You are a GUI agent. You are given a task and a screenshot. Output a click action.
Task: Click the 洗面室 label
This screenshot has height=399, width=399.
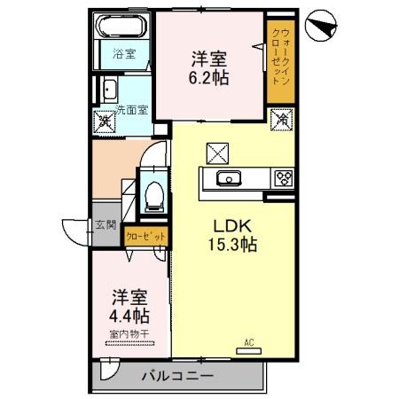click(x=131, y=113)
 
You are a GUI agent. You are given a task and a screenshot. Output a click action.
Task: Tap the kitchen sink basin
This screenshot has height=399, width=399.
click(x=228, y=179)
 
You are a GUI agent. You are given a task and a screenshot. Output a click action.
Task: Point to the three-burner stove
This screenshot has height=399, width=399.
click(x=284, y=178)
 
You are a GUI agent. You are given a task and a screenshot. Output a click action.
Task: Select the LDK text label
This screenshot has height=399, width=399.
click(x=233, y=226)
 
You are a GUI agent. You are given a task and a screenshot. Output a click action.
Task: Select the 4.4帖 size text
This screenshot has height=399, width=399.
click(x=129, y=315)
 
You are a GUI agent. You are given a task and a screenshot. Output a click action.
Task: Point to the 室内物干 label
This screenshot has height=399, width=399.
click(x=129, y=333)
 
